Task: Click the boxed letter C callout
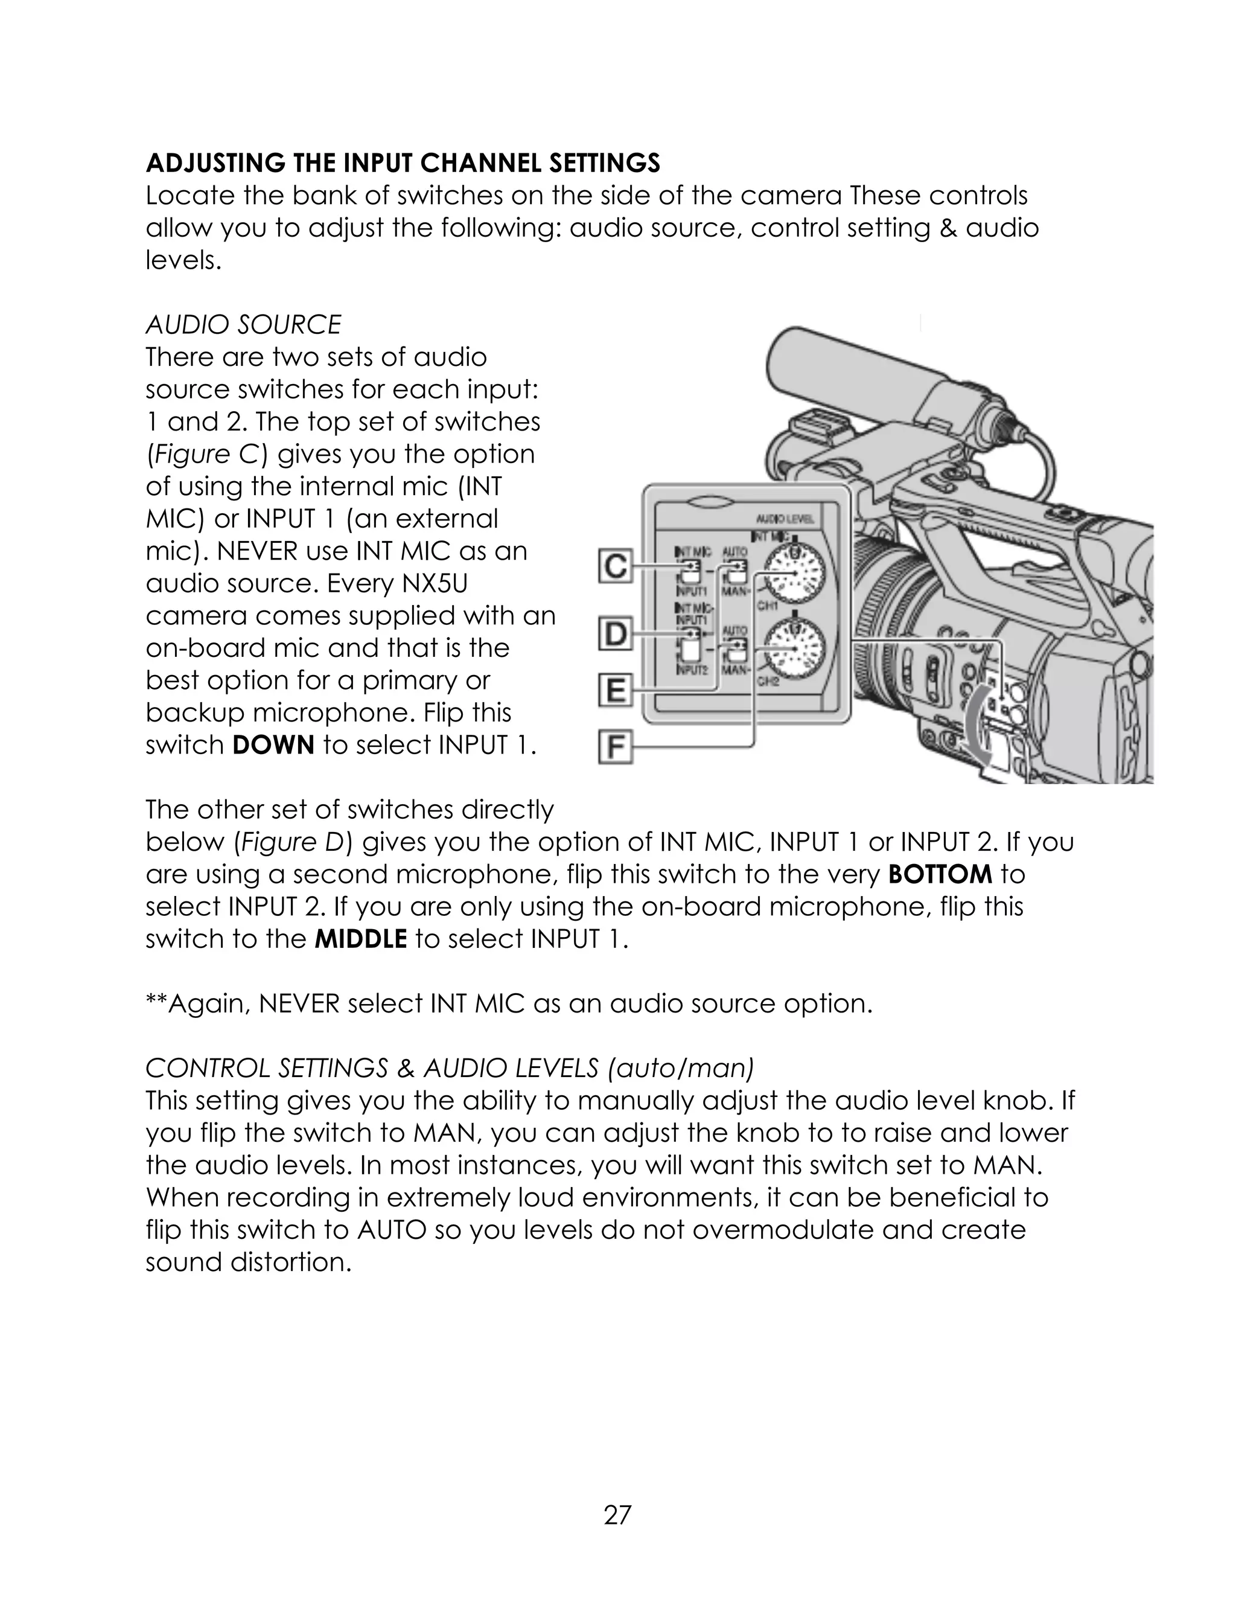click(x=616, y=568)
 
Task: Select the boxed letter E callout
click(x=616, y=691)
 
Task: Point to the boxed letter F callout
click(x=616, y=749)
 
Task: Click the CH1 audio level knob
click(x=793, y=573)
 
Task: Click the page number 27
click(x=617, y=1514)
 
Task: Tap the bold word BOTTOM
click(x=940, y=874)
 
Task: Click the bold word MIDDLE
click(x=360, y=938)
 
